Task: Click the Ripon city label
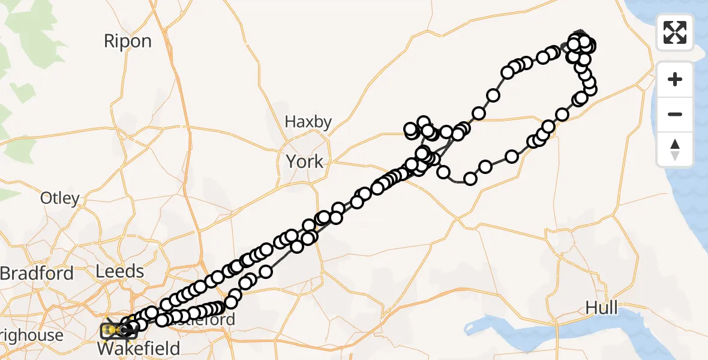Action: [x=128, y=41]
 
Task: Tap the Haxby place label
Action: [x=308, y=122]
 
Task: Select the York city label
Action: [x=304, y=161]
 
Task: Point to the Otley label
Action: [x=59, y=198]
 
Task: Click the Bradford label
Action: [x=37, y=274]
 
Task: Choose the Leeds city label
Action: [x=120, y=271]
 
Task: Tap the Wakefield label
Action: [x=139, y=349]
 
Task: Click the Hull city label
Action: [x=601, y=308]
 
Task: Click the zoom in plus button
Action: [x=675, y=80]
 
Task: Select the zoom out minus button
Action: [x=675, y=114]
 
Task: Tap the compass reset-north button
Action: [x=675, y=149]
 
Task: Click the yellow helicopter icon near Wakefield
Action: [x=112, y=329]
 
